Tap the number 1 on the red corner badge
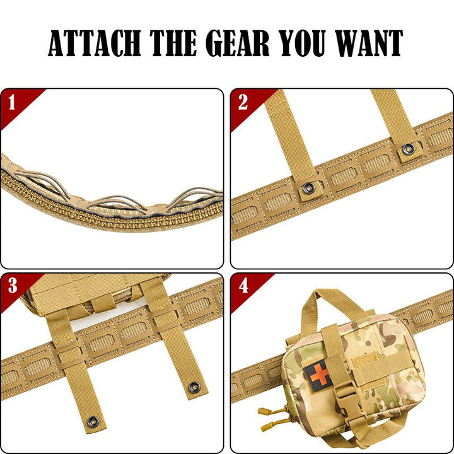click(12, 102)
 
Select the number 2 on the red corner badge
click(243, 102)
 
